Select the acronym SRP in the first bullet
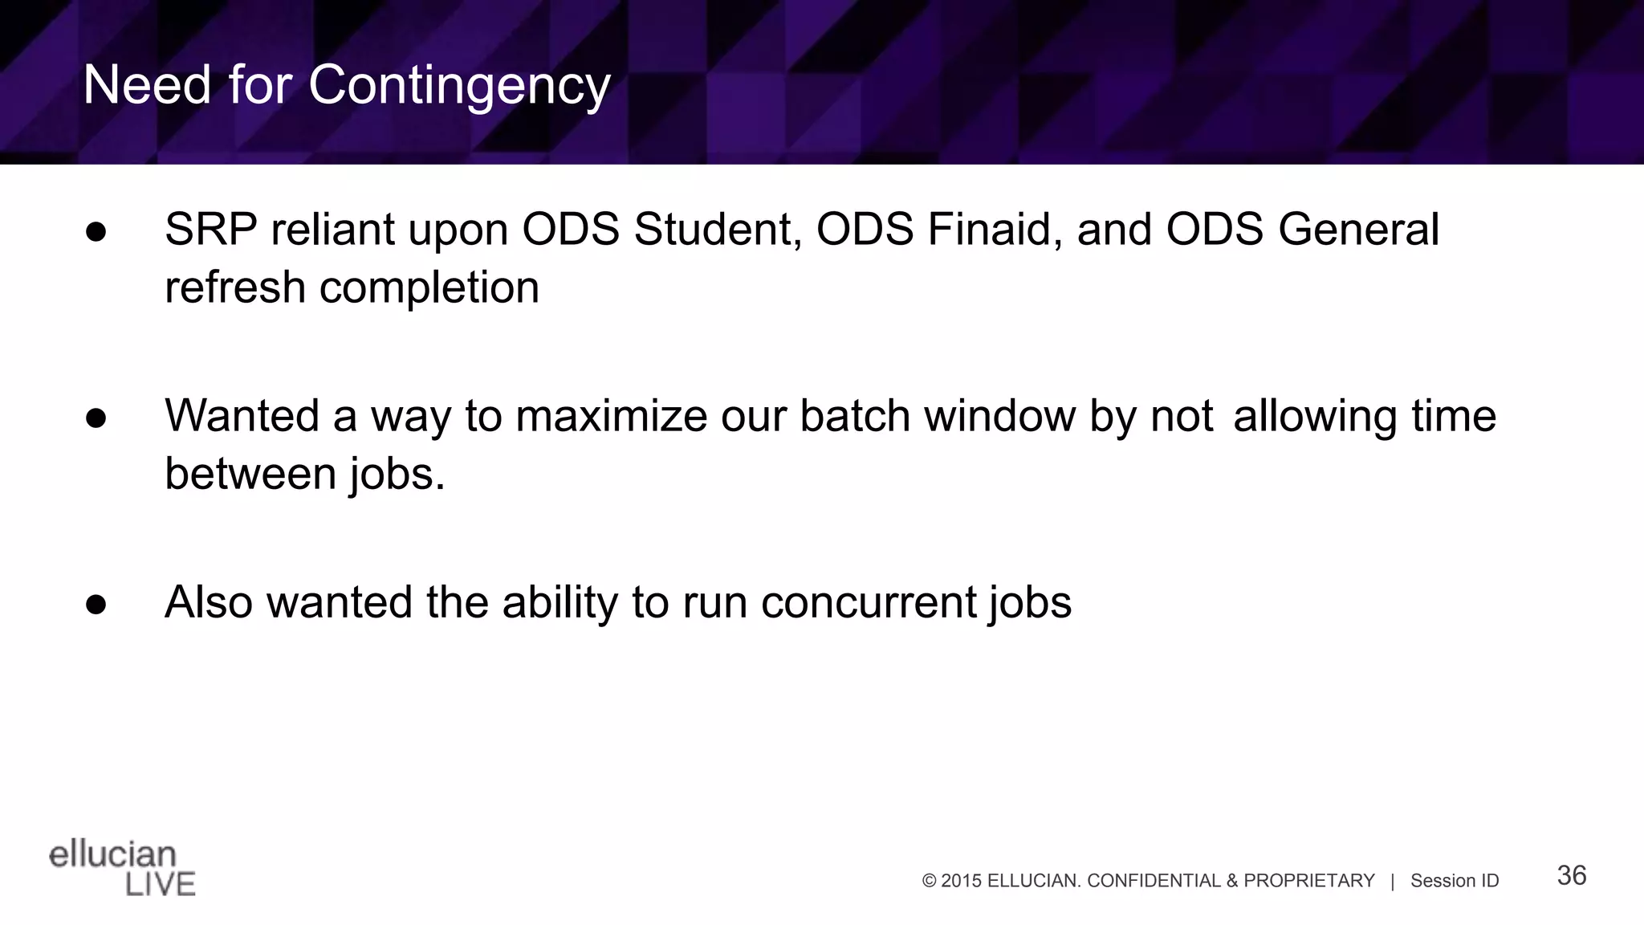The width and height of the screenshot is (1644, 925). [211, 230]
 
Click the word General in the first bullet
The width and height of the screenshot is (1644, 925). [1358, 230]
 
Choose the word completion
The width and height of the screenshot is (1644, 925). [429, 288]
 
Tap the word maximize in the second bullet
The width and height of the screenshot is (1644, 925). [611, 417]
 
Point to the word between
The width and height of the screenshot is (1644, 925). [250, 474]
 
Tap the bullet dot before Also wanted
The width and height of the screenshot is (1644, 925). [96, 605]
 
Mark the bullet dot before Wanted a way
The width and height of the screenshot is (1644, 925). [96, 418]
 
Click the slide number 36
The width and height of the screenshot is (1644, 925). [1571, 875]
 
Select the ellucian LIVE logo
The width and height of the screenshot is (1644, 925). [122, 869]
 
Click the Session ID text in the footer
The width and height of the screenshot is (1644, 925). [1454, 881]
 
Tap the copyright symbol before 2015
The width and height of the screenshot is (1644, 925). [930, 881]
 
